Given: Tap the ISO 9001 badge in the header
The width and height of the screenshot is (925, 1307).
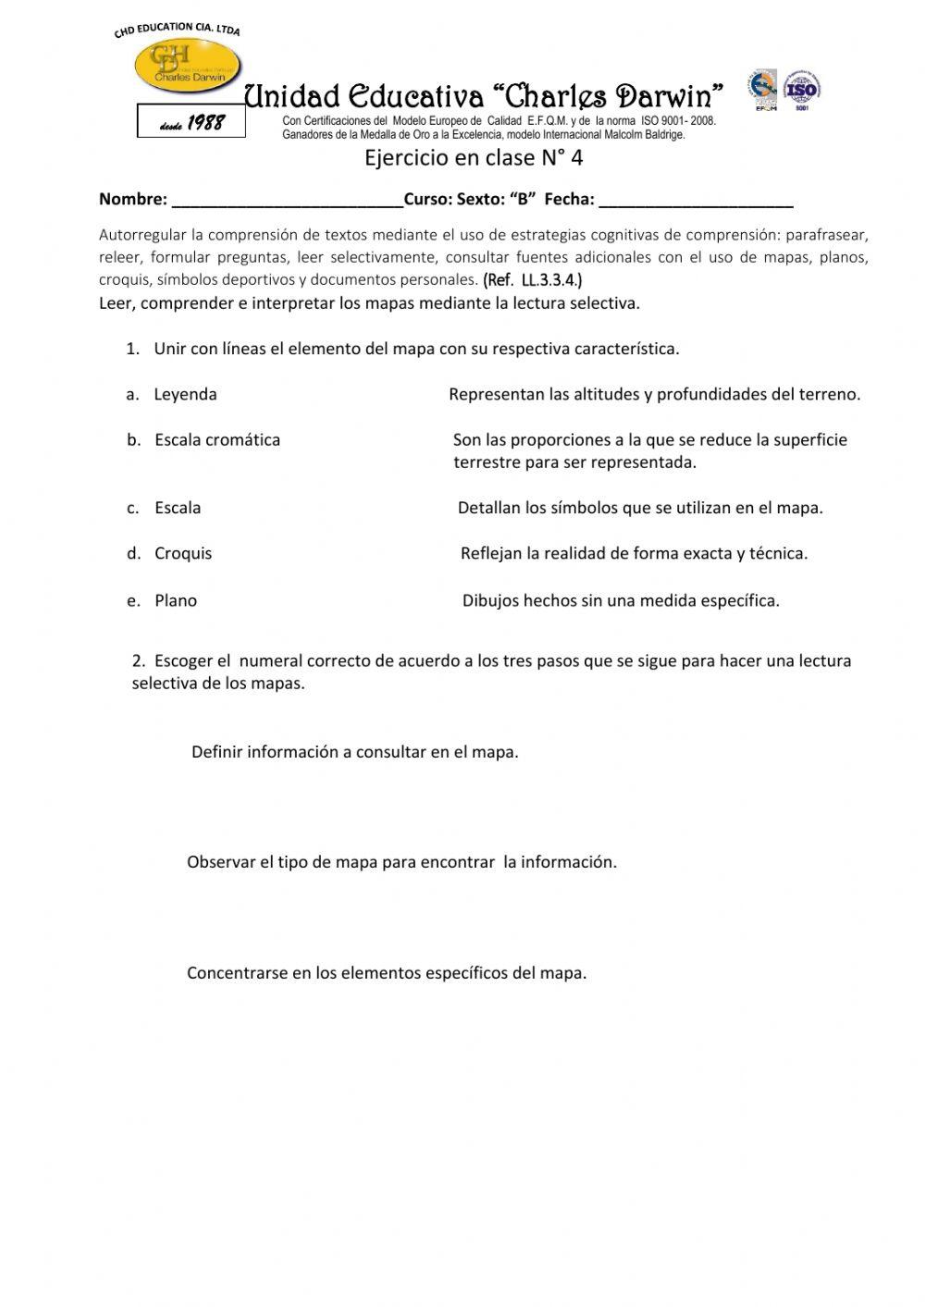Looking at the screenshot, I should [x=802, y=90].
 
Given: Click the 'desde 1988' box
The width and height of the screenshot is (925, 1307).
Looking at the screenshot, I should [x=191, y=122].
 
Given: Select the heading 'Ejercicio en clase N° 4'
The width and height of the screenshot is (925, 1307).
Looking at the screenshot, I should [x=474, y=157].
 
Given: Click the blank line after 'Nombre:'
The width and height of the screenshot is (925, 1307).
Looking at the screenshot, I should [x=287, y=200].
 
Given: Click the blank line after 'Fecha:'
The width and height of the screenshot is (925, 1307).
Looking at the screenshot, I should [x=696, y=200].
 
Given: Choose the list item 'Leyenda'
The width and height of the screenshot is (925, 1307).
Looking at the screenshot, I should [x=185, y=394].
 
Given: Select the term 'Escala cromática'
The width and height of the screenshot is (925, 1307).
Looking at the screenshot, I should [x=217, y=439].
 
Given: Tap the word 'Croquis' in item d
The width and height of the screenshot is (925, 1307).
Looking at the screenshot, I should [x=183, y=553].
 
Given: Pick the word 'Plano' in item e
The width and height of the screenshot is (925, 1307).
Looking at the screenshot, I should [x=176, y=600].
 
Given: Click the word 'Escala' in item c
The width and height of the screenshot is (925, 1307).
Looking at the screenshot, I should [x=178, y=508].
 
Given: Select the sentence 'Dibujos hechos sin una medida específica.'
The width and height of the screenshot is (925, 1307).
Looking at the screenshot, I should [x=621, y=600].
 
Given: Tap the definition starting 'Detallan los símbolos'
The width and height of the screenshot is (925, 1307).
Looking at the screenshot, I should [x=640, y=508].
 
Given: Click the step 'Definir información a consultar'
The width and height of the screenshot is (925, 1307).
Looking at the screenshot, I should [x=355, y=752].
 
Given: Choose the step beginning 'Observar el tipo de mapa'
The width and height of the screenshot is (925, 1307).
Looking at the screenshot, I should [x=401, y=862].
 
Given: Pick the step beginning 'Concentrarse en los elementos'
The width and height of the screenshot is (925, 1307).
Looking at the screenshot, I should [x=387, y=973].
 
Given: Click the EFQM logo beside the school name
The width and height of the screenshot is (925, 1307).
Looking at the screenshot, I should [x=763, y=90].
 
